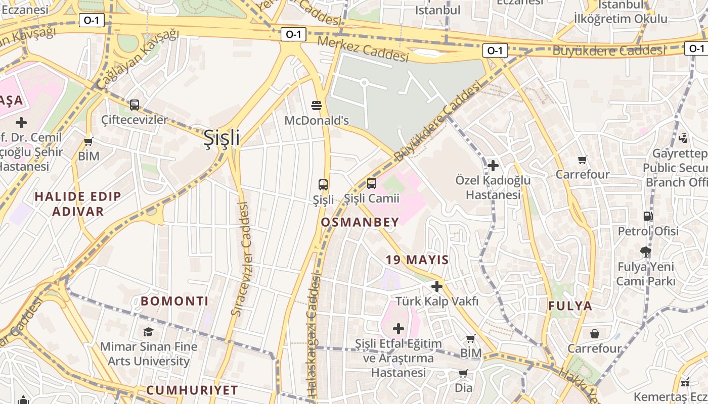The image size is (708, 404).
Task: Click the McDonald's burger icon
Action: tap(317, 105)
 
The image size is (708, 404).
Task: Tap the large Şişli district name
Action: tap(222, 137)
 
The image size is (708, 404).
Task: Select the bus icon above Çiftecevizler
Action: tap(134, 105)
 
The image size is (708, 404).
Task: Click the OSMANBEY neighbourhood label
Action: tap(360, 222)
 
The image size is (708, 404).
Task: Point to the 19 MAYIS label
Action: tap(417, 260)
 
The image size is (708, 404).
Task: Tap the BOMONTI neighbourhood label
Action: tap(174, 301)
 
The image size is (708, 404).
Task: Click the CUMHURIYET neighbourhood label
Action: tap(192, 390)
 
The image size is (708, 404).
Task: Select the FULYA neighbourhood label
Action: tap(570, 306)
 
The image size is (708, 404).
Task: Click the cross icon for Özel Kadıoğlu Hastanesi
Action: tap(493, 165)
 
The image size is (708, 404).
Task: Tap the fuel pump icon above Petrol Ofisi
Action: tap(648, 216)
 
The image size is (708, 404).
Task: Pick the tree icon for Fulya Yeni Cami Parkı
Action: tap(645, 251)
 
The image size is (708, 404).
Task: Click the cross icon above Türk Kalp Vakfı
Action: tap(436, 286)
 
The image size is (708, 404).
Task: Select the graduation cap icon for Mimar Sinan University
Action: tap(148, 332)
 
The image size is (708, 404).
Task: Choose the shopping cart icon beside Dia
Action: tap(463, 374)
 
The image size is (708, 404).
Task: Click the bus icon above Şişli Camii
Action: tap(372, 183)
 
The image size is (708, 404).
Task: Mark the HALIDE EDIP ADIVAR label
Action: tap(78, 204)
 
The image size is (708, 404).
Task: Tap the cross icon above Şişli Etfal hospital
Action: tap(399, 329)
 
